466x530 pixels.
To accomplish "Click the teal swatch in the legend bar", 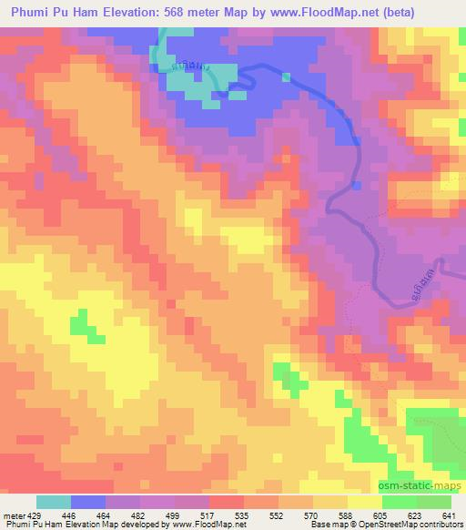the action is click(54, 502).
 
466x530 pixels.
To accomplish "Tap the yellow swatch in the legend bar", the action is click(365, 502).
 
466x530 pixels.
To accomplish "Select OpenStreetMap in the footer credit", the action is click(398, 525).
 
